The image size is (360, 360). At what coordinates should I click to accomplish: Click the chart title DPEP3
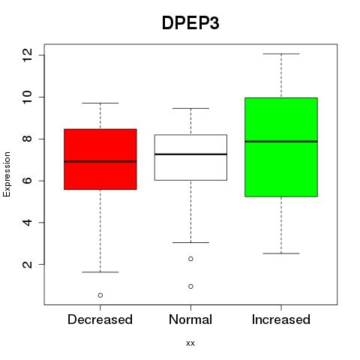pos(190,23)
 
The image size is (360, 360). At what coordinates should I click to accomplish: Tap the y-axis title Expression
pos(7,174)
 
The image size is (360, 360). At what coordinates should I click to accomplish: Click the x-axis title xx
pos(190,343)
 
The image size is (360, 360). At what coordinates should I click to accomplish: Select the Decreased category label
pos(100,319)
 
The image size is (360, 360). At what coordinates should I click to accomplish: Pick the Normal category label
pos(190,319)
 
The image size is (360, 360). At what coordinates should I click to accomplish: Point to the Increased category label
pos(281,319)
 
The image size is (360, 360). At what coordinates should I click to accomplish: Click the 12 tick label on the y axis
pos(28,55)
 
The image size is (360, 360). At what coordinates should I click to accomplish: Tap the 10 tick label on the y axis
pos(28,97)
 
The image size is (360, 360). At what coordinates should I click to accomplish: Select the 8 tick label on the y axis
pos(28,139)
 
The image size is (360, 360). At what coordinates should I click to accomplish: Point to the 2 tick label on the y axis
pos(28,264)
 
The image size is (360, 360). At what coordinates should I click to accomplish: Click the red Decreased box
pos(100,159)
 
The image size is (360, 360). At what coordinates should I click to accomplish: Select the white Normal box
pos(190,157)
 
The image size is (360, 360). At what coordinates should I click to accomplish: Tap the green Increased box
pos(281,147)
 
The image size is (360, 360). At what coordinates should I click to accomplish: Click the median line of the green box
pos(281,142)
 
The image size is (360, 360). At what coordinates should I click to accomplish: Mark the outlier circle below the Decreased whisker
pos(100,295)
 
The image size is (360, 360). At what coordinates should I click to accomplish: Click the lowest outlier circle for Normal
pos(190,286)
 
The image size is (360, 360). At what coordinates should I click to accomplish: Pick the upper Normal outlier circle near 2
pos(190,259)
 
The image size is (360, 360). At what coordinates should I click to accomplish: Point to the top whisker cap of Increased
pos(281,54)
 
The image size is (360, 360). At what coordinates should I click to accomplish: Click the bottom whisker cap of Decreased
pos(100,272)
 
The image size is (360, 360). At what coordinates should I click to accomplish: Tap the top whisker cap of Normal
pos(190,108)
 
